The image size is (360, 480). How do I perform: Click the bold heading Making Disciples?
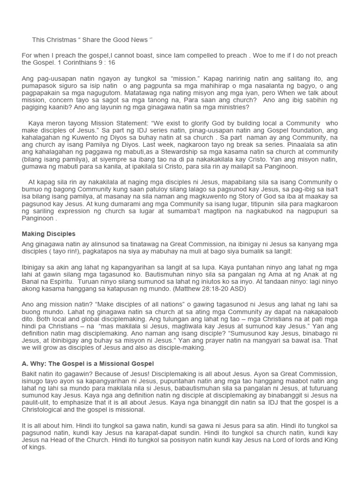[48, 233]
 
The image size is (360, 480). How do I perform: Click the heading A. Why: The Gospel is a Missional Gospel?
[88, 364]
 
